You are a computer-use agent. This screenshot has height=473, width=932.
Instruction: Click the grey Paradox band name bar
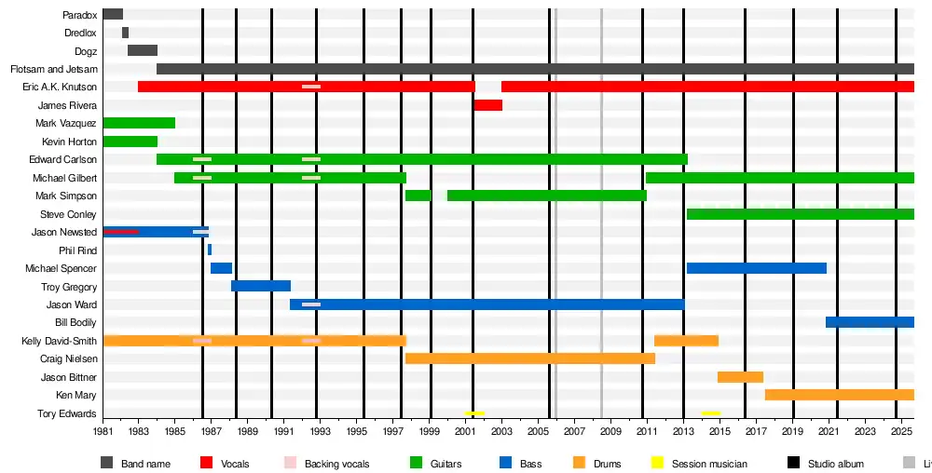[x=113, y=15]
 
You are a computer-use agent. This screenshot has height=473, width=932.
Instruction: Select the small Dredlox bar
[x=125, y=33]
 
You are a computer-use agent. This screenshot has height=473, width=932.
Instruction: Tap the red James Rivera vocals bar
[x=487, y=105]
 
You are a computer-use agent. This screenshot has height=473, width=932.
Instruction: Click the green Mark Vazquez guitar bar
[x=139, y=123]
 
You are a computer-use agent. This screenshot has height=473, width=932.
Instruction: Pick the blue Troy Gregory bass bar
[x=261, y=286]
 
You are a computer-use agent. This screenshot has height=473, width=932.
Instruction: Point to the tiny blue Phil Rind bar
[x=210, y=250]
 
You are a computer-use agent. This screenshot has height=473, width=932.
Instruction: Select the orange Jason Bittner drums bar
[x=740, y=377]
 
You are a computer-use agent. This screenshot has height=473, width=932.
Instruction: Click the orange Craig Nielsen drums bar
[x=529, y=358]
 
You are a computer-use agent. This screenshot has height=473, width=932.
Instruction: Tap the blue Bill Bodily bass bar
[x=870, y=322]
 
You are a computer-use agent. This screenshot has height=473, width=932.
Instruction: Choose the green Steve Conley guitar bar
[x=800, y=214]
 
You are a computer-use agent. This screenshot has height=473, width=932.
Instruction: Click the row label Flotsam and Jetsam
[x=53, y=69]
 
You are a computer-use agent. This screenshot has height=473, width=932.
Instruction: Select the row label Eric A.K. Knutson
[x=60, y=87]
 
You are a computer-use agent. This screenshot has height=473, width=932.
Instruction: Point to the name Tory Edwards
[x=66, y=413]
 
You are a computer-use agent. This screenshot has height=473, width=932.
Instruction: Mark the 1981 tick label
[x=103, y=433]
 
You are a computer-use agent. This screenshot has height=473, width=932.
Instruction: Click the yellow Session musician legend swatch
[x=656, y=463]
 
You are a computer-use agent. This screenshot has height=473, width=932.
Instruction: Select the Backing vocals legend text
[x=336, y=464]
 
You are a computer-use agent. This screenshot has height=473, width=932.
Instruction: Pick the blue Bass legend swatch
[x=506, y=463]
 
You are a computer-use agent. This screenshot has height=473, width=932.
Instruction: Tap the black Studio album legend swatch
[x=794, y=463]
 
